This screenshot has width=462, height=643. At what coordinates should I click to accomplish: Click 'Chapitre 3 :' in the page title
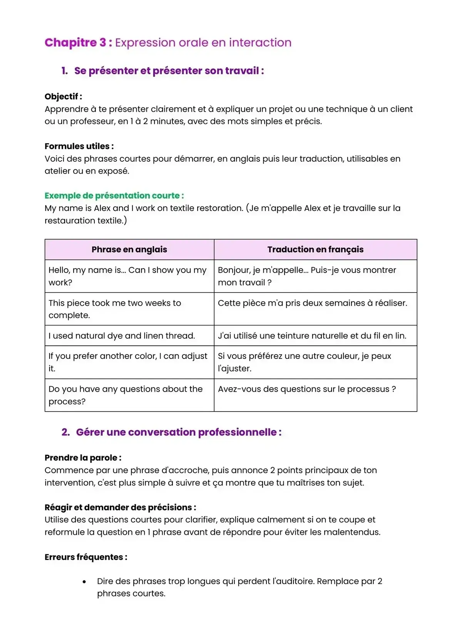[x=78, y=42]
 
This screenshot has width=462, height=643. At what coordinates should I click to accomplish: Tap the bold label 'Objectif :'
[x=63, y=97]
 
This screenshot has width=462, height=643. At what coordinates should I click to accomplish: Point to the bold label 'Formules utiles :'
[x=79, y=146]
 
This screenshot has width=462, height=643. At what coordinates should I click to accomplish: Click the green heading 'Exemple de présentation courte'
[x=114, y=196]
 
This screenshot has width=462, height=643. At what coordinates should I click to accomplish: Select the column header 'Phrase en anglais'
[x=129, y=249]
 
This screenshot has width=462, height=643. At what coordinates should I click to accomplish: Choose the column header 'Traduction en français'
[x=315, y=249]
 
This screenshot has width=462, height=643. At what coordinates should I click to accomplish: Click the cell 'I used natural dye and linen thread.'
[x=122, y=336]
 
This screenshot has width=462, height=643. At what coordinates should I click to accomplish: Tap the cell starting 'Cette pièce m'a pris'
[x=312, y=303]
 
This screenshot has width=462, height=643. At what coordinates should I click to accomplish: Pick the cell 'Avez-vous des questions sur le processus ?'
[x=306, y=389]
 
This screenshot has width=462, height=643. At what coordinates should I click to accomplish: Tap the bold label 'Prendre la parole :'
[x=83, y=458]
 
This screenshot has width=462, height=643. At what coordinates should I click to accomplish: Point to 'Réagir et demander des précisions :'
[x=120, y=507]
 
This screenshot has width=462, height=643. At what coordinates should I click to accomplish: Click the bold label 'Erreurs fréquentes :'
[x=86, y=557]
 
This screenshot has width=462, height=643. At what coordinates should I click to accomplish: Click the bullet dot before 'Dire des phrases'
[x=84, y=582]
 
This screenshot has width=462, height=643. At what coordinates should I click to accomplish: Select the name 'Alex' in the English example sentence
[x=102, y=208]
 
